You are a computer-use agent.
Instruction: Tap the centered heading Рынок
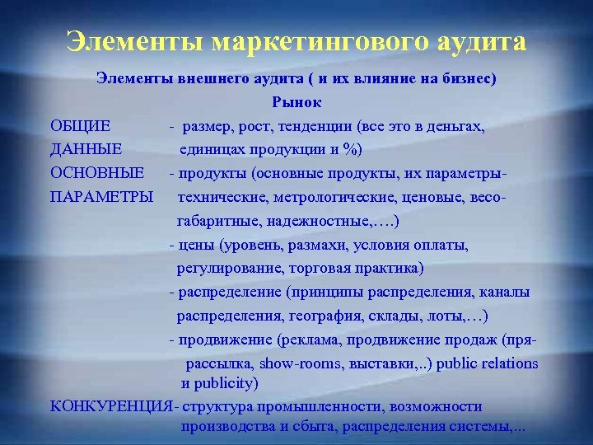tap(296, 103)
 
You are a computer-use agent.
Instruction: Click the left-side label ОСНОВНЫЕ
tap(97, 174)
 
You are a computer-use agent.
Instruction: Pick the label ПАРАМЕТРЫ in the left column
tap(101, 198)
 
